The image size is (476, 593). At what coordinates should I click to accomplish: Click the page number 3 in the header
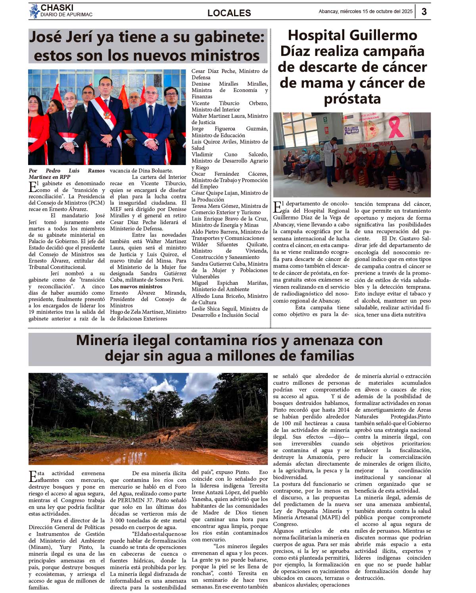(x=424, y=12)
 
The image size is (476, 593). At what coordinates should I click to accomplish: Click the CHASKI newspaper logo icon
(x=34, y=11)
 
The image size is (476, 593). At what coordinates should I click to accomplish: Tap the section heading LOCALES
(x=229, y=13)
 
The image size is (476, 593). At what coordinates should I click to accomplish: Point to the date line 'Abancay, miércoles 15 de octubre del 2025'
(x=365, y=12)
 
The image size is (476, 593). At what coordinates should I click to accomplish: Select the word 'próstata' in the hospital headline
(x=352, y=99)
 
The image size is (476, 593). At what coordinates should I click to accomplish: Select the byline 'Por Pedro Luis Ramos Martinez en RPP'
(x=67, y=174)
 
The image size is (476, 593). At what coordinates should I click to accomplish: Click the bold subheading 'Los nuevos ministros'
(x=136, y=286)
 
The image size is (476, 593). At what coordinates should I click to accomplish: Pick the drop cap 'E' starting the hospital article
(x=277, y=207)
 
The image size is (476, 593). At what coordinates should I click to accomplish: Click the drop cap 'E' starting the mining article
(x=33, y=476)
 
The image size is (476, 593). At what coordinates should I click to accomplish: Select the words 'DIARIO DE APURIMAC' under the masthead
(x=66, y=15)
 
